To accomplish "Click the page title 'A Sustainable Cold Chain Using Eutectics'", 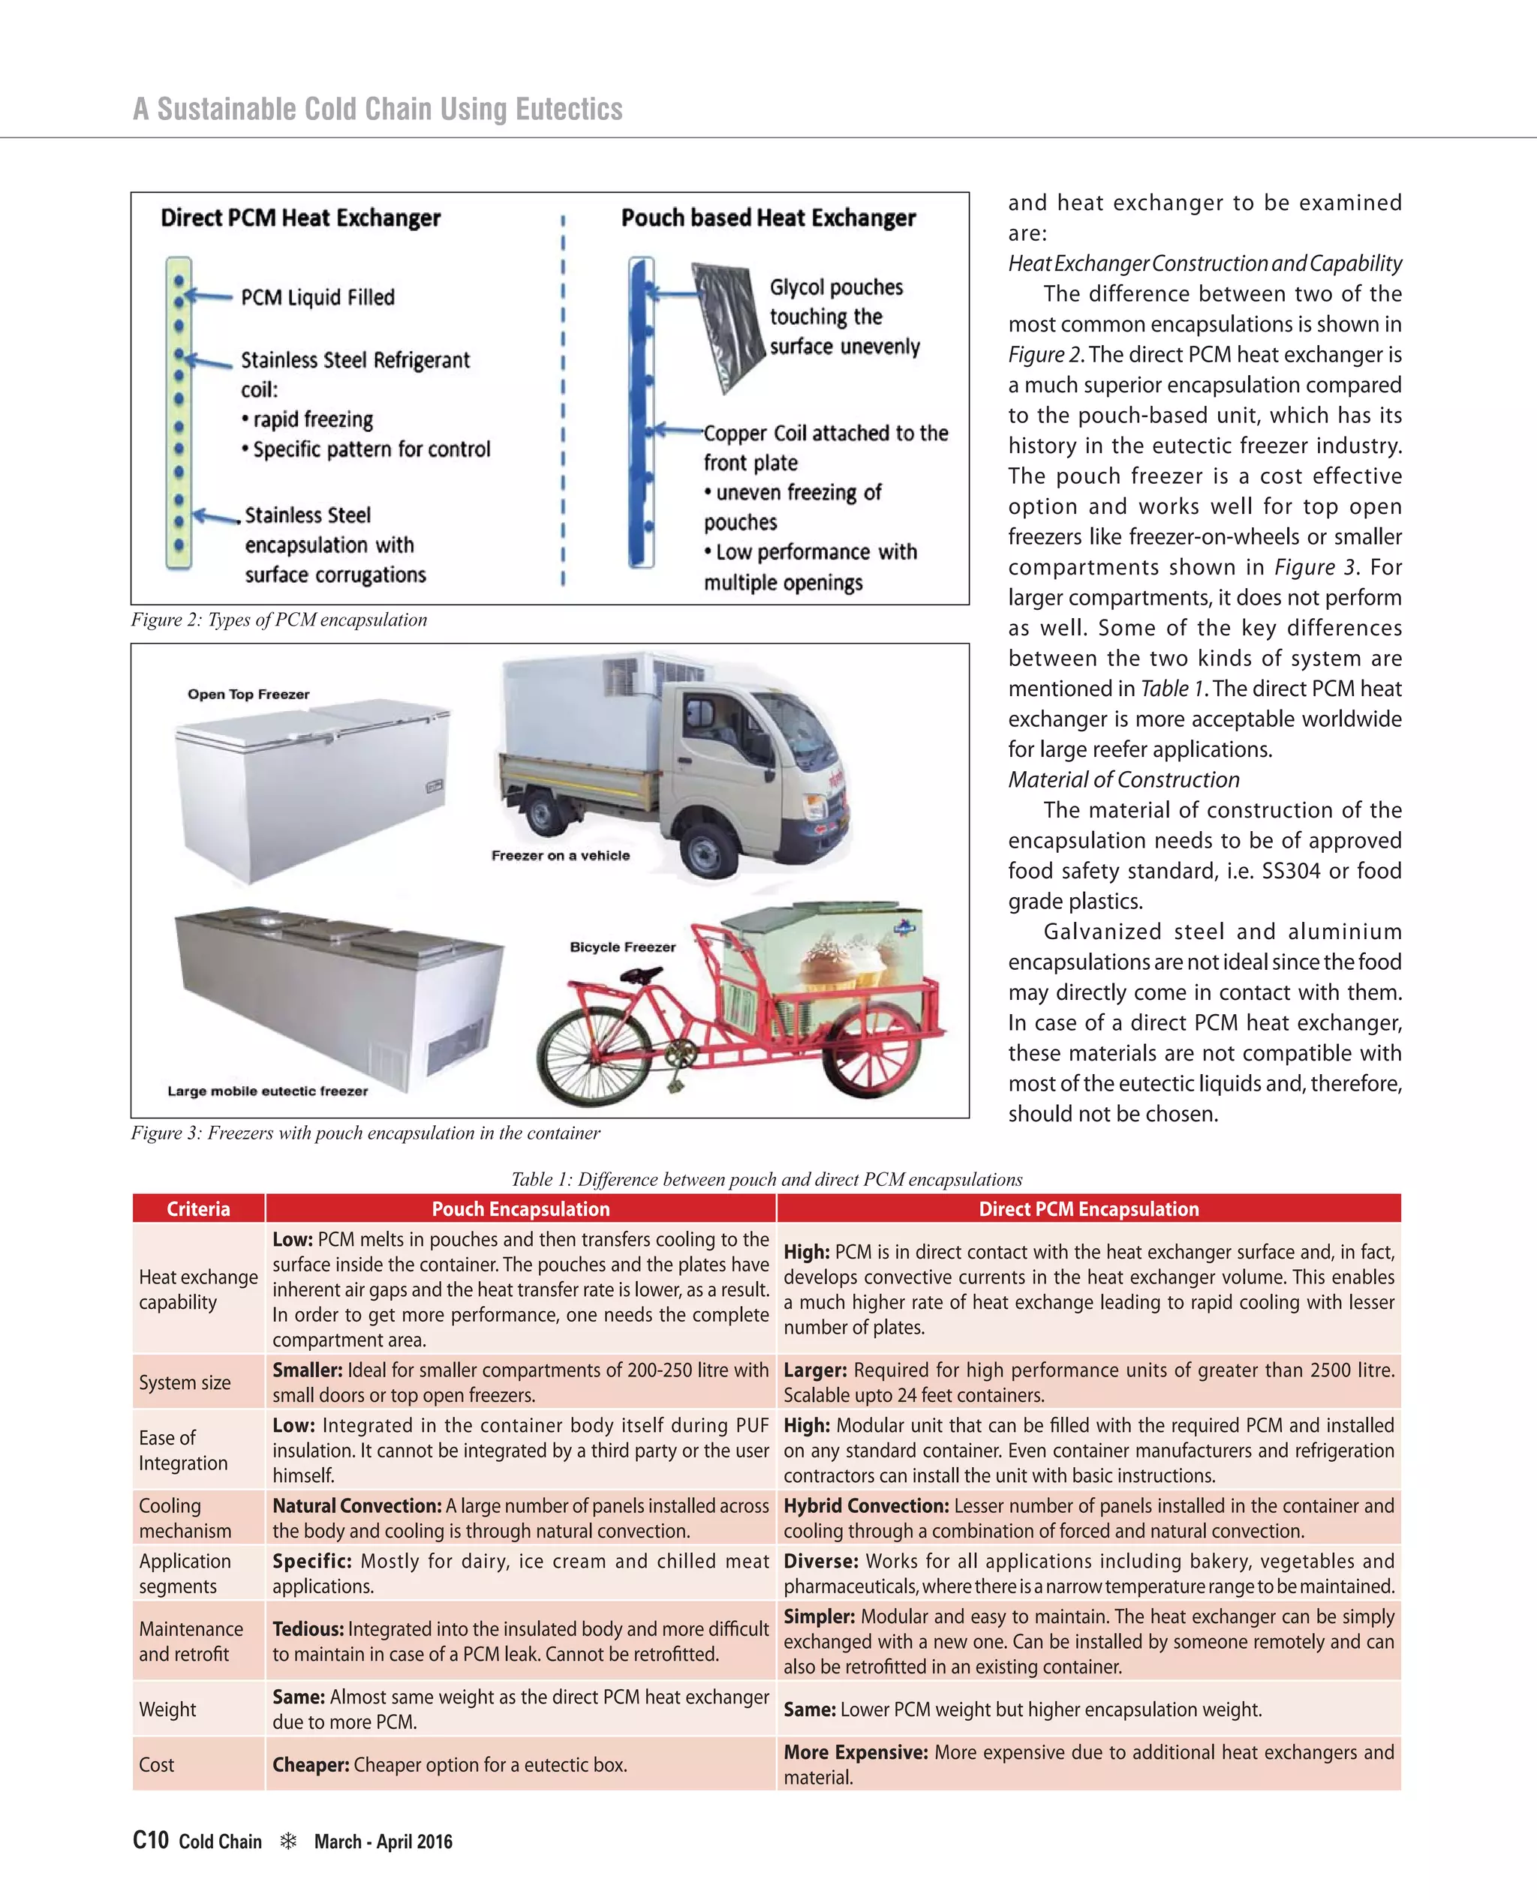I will tap(378, 109).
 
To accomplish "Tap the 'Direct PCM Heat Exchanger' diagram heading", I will tap(300, 218).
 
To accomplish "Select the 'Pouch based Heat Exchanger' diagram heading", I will tap(768, 218).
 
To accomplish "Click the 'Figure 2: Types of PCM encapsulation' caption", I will tap(279, 620).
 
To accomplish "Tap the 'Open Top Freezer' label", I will tap(249, 694).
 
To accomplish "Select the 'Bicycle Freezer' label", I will tap(622, 947).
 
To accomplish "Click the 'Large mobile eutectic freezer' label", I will tap(267, 1091).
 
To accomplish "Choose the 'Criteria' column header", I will tap(198, 1209).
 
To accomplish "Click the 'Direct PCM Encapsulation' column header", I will tap(1088, 1209).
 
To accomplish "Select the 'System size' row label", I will tap(184, 1382).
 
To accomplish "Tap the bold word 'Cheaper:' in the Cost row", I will tap(311, 1764).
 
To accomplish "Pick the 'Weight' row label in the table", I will tap(167, 1709).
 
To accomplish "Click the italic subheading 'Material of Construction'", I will tap(1123, 779).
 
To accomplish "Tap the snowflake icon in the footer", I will tap(287, 1841).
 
